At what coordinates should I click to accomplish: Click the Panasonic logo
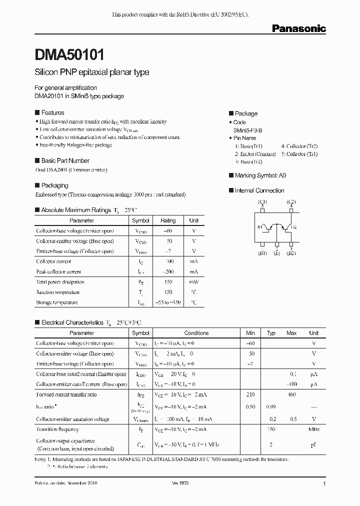tap(298, 29)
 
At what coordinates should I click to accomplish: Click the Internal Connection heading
tap(259, 190)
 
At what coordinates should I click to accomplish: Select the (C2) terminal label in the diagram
tap(291, 202)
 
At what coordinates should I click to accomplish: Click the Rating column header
tap(168, 220)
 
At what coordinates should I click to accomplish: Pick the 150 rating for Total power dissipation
tap(168, 282)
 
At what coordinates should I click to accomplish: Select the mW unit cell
tap(194, 282)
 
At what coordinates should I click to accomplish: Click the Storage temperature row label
tap(57, 302)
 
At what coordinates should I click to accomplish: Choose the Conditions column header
tap(196, 333)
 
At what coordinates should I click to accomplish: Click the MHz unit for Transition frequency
tap(313, 429)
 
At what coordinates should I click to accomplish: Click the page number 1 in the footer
tap(324, 484)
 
